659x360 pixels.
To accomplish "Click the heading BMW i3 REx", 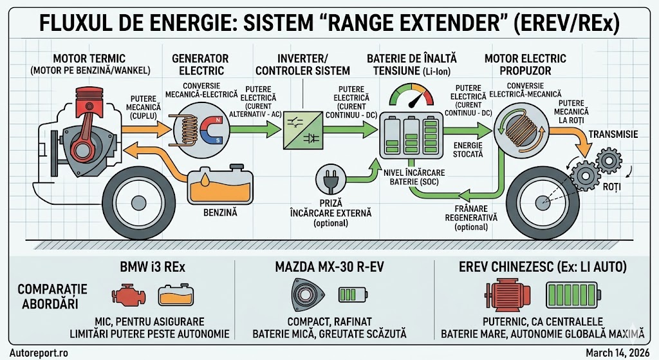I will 152,269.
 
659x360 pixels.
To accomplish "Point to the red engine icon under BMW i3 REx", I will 126,296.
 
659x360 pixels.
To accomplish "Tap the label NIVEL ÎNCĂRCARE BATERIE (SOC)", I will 411,177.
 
